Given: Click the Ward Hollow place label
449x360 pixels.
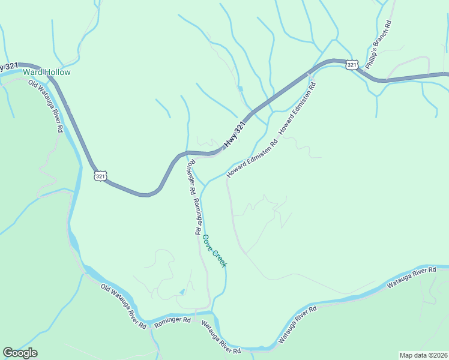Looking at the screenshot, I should point(47,73).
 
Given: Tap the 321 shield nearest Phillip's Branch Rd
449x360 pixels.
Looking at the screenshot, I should point(352,65).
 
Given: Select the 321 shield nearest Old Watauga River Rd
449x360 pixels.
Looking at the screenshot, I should point(100,175).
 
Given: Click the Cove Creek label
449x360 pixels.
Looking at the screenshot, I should point(214,250).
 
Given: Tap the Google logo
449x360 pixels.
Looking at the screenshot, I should point(20,353).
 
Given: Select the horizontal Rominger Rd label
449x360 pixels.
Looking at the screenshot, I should point(172,321).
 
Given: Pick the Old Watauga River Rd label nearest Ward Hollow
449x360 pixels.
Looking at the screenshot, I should point(46,104).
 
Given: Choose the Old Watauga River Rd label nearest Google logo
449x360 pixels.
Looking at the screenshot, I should point(124,307).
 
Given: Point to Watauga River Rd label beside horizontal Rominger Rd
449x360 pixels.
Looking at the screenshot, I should point(221,337).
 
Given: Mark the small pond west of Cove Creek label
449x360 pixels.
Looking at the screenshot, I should point(182,292).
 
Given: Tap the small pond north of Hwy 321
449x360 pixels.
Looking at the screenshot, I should point(240,89).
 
